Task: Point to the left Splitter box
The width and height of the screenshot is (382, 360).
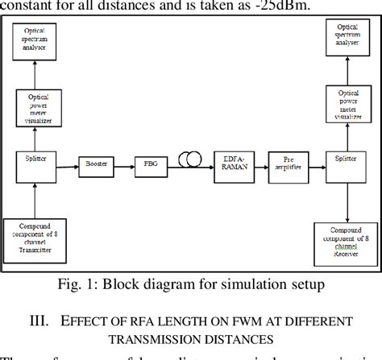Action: click(x=34, y=159)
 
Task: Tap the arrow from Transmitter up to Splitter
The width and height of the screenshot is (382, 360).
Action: click(x=34, y=197)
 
